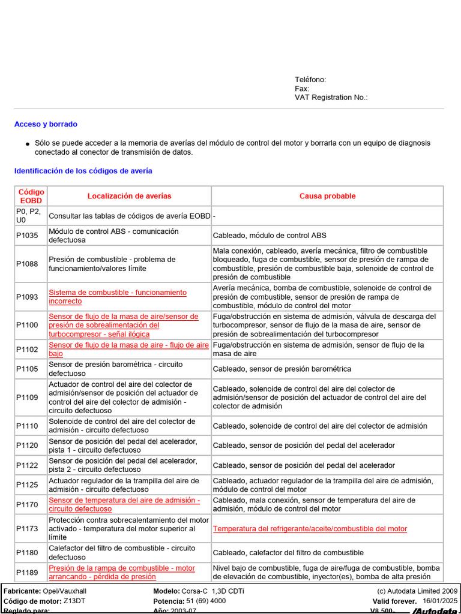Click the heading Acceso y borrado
pos(46,124)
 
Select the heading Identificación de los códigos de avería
pos(83,171)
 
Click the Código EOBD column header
pos(31,196)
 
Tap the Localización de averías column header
pos(129,196)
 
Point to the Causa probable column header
pos(327,196)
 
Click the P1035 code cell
pos(27,236)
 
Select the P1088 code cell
pos(27,264)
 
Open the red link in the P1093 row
pos(117,297)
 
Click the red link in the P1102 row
pos(128,350)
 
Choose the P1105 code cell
pos(27,369)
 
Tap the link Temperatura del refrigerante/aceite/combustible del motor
pos(310,529)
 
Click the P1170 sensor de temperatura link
pos(124,504)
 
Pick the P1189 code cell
pos(27,572)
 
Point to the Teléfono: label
pos(310,80)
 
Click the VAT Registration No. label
pos(331,97)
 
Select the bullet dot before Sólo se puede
pos(28,145)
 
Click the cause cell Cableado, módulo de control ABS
pos(270,236)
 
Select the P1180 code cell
pos(27,553)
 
